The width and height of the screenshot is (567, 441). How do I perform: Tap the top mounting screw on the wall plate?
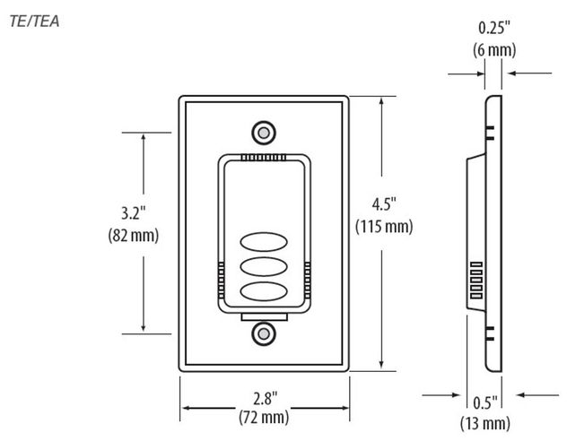point(263,132)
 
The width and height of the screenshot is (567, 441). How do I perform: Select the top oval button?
point(263,244)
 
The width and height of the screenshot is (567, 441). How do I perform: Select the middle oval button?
point(263,268)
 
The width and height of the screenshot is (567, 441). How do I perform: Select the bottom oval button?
point(263,292)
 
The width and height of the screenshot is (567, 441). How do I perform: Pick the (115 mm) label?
point(384,226)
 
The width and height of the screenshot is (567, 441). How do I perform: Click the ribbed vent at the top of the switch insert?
point(263,156)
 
